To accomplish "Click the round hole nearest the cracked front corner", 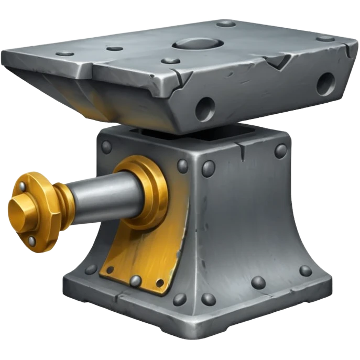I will tap(205, 108).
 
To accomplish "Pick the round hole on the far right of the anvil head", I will tap(325, 83).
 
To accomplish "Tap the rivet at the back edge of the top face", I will tap(226, 23).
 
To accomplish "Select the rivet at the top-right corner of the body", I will tap(281, 150).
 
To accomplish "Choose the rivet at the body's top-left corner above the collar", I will tap(106, 147).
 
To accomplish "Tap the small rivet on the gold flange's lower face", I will tap(32, 241).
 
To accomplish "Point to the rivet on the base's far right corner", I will tap(305, 270).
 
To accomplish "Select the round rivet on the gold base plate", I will tap(135, 280).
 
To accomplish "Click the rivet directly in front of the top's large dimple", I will tap(170, 61).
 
